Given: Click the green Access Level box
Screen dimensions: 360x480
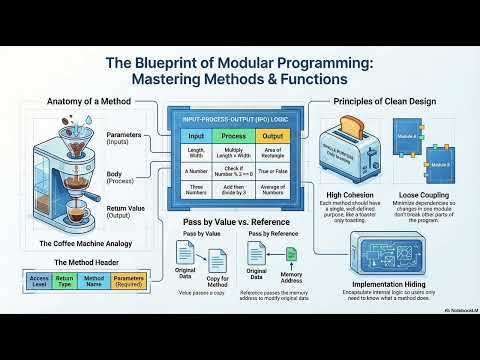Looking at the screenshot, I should (40, 281).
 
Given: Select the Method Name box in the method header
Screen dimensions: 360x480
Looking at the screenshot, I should (94, 281).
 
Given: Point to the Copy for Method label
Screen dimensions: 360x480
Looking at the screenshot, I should (218, 283).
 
